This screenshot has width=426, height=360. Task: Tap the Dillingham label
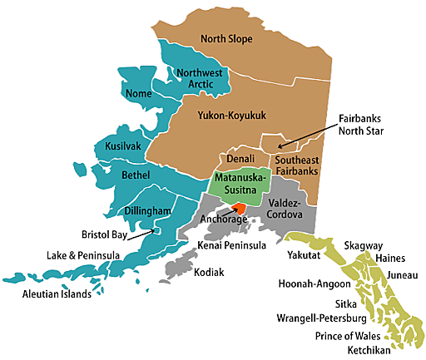point(148,211)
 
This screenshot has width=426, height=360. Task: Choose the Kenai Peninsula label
point(233,245)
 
